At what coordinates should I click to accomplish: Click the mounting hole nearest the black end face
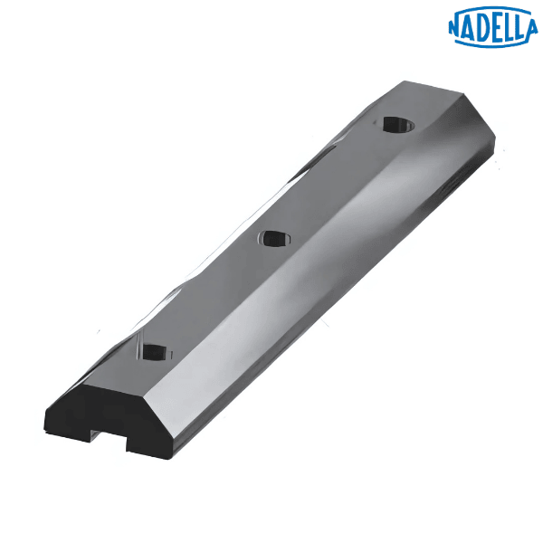point(154,349)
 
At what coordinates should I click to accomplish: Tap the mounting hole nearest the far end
point(395,124)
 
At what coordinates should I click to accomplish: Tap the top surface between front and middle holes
point(213,294)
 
